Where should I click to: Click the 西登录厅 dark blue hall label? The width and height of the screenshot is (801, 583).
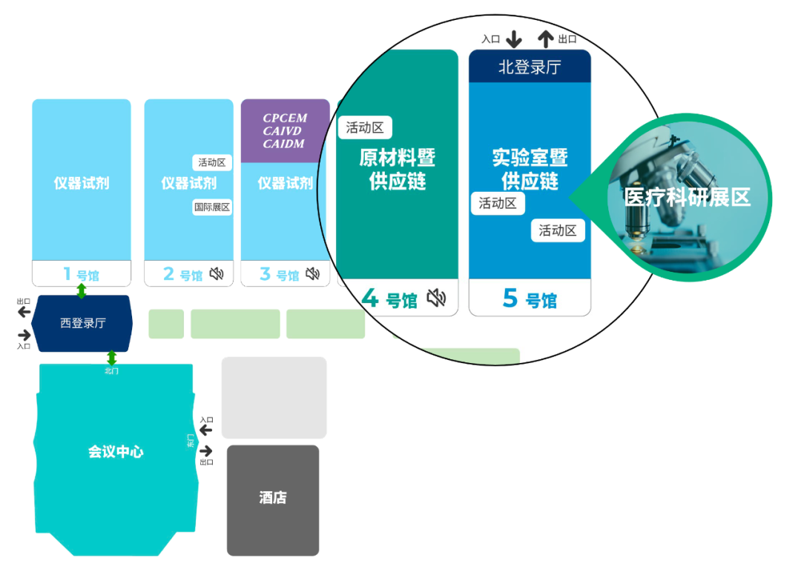coord(83,323)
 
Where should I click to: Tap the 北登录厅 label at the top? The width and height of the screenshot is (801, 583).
coord(530,67)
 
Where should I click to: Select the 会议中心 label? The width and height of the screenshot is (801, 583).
coord(116,451)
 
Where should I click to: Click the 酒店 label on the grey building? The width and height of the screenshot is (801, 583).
coord(273,497)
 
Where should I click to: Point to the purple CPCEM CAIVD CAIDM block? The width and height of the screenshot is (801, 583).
coord(285,130)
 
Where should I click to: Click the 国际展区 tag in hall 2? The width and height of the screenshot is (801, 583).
coord(212,207)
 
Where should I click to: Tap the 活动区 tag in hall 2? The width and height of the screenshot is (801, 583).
coord(212,162)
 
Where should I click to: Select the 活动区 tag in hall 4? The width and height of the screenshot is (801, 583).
coord(365,127)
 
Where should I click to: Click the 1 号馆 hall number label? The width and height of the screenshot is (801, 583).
coord(82,274)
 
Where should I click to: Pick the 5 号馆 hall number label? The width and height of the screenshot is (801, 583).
coord(530,299)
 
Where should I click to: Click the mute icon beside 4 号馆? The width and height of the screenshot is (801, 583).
coord(437,297)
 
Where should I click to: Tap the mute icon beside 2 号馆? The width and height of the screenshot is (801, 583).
coord(217,274)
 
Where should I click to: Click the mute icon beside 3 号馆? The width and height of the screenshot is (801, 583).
coord(313,274)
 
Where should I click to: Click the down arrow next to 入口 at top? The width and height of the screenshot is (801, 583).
coord(514,39)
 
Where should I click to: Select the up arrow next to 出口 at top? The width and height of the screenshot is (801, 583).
coord(546,39)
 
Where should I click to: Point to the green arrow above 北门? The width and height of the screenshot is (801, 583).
coord(112,358)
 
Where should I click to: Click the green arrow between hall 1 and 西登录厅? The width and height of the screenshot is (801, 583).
coord(82,290)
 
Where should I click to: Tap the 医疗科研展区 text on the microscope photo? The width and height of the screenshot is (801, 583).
coord(687,197)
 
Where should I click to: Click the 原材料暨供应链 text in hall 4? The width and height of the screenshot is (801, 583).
coord(398,169)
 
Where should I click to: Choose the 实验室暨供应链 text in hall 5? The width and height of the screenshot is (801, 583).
coord(530,169)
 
